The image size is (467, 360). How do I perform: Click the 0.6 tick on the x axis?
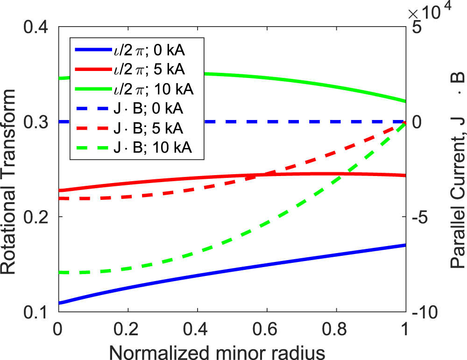267,329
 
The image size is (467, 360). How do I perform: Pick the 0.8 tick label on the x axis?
337,329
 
